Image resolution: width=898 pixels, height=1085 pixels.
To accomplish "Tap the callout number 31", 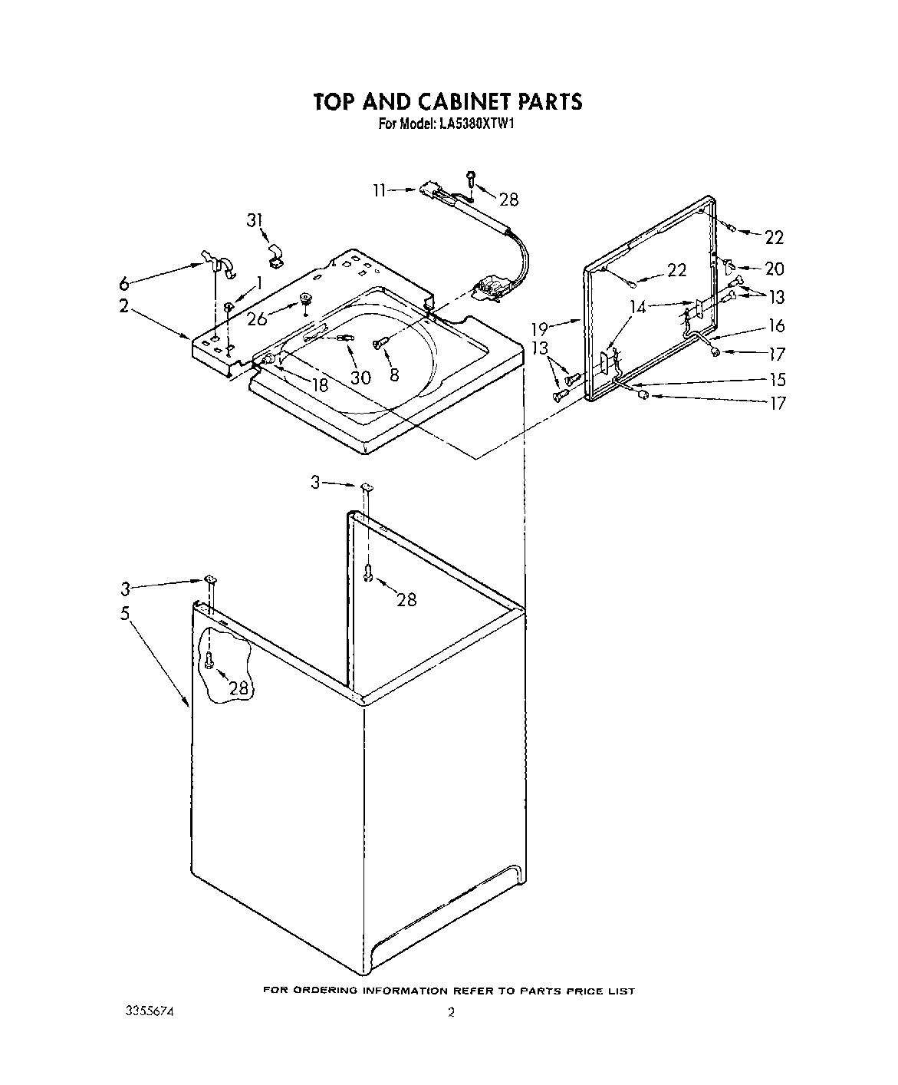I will (255, 221).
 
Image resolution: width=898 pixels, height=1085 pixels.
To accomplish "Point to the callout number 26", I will (258, 318).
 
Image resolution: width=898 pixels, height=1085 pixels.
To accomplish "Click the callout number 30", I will (360, 377).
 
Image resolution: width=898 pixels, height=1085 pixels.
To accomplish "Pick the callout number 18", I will (321, 385).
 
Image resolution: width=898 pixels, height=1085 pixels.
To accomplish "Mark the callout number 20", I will (775, 269).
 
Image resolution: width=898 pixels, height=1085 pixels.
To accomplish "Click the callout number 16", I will (777, 326).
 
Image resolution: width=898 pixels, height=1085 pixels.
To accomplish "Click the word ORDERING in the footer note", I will (324, 991).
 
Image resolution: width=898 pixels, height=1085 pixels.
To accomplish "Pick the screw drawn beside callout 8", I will (377, 345).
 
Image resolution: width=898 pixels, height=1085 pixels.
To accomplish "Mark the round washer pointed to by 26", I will (306, 297).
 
